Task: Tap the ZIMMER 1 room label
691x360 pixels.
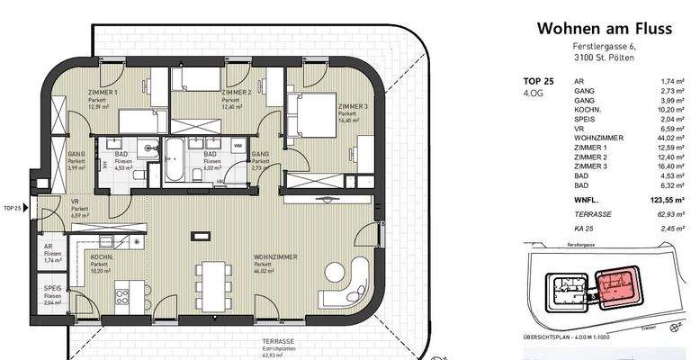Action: click(x=103, y=93)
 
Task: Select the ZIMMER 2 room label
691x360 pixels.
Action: click(x=236, y=93)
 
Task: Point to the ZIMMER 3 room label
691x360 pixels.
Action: click(x=354, y=105)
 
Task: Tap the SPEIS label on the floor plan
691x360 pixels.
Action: click(x=52, y=289)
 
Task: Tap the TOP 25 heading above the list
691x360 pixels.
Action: click(x=538, y=82)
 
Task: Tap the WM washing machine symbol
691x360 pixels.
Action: click(x=238, y=145)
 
